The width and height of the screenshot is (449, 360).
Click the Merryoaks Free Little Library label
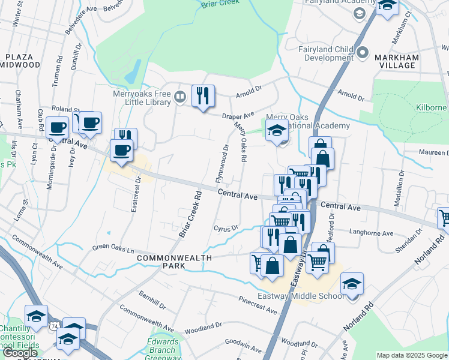tap(142, 98)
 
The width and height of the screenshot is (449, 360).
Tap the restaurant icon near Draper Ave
tap(203, 97)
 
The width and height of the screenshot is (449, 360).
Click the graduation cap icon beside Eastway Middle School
tap(352, 284)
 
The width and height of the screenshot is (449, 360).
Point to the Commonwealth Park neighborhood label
tap(174, 262)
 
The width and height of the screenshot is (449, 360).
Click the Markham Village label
tap(396, 61)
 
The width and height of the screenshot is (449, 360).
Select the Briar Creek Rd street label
tap(190, 214)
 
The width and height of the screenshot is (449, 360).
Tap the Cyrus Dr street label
tap(226, 228)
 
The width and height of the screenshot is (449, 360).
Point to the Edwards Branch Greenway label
tap(163, 350)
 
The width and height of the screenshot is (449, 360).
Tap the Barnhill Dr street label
tap(151, 299)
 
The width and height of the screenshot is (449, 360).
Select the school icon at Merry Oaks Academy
tap(276, 130)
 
